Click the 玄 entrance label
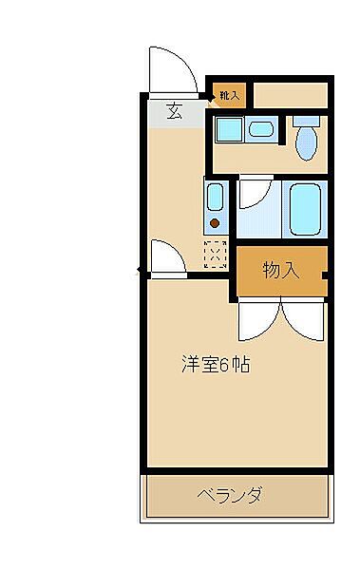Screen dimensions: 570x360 pos(175,110)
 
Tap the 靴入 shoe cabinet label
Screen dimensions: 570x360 pos(228,95)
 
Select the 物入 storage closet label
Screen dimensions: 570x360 pos(280,270)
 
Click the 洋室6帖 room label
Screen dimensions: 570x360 pos(216,364)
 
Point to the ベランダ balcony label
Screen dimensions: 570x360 pos(230,495)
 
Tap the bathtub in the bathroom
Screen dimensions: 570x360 pos(306,209)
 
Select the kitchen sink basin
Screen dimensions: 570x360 pos(215,200)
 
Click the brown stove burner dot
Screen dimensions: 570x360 pos(215,224)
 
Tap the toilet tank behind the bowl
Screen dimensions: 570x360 pos(306,123)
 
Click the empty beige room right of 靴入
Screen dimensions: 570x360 pos(290,95)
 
